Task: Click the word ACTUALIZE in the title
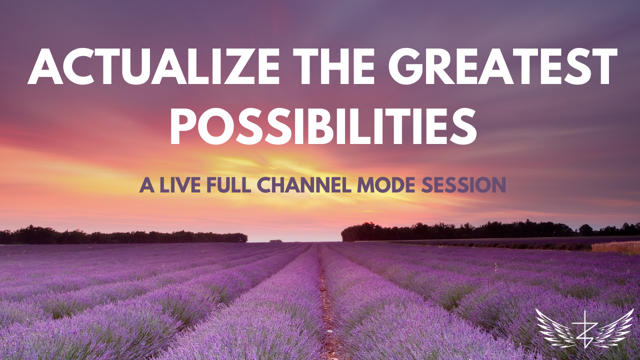pos(153,66)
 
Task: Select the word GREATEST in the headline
pos(502,66)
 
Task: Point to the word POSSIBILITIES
pos(323,126)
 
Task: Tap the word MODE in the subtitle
pos(386,185)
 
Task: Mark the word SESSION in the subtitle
pos(463,185)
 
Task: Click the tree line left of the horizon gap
pos(123,235)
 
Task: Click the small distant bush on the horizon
pos(275,241)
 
